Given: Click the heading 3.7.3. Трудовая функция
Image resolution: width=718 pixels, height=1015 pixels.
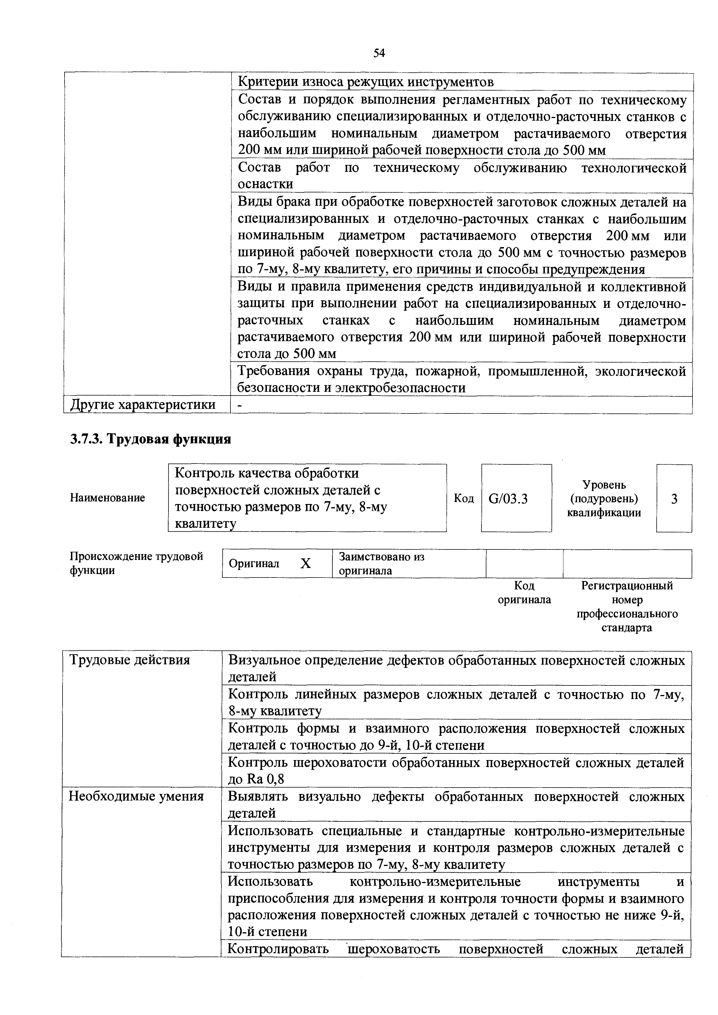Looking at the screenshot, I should (x=151, y=440).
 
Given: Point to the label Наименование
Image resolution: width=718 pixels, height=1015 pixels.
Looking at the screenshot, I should (x=107, y=498).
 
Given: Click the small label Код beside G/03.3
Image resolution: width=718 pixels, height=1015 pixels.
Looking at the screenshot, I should (x=464, y=499).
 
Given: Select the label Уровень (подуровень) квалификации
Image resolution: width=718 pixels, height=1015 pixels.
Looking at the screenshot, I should (x=604, y=499).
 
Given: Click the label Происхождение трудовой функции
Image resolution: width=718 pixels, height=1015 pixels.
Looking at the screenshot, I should (x=136, y=563).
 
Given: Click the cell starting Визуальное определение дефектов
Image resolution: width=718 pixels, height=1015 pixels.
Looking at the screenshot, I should (x=456, y=668).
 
